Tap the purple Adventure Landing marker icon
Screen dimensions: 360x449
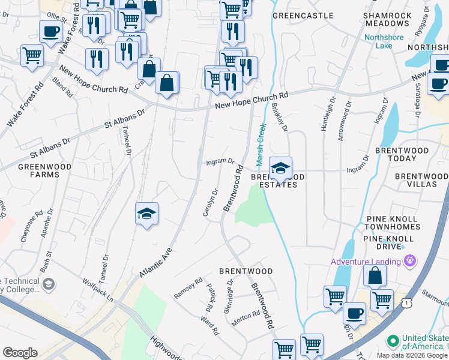coord(410,260)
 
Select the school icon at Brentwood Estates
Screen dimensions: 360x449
coord(280,169)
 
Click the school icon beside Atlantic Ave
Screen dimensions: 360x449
coord(146,214)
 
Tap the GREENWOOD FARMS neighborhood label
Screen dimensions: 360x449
coord(44,170)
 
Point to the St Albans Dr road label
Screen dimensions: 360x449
coord(125,120)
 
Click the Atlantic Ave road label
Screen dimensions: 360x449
coord(155,262)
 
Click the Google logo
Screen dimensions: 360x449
coord(20,353)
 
